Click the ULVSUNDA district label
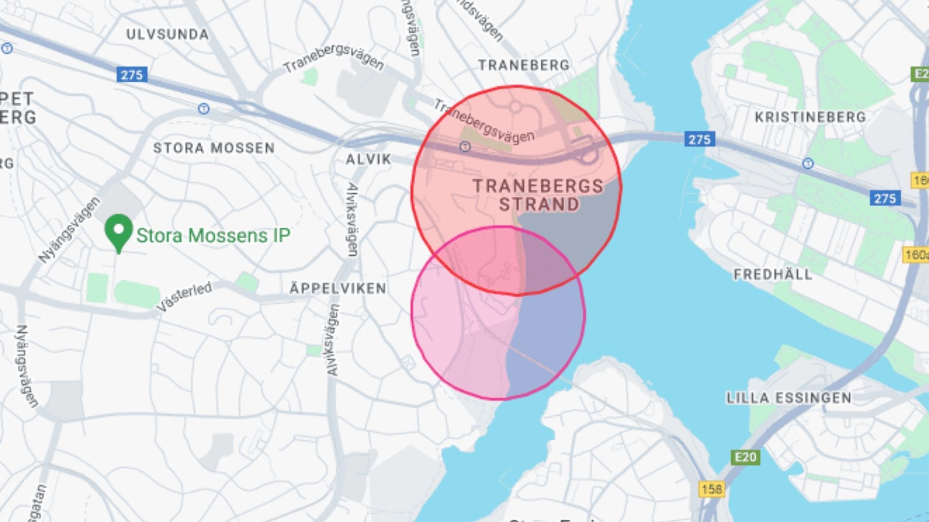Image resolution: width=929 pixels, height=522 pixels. pos(167,34)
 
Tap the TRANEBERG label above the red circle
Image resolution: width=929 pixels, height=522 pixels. pos(524,65)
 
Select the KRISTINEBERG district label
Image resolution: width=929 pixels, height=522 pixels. pos(810,117)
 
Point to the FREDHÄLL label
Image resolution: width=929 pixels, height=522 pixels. pos(773,275)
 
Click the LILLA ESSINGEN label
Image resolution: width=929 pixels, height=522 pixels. pos(789,398)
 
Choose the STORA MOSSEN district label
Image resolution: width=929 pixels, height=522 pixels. pos(214,148)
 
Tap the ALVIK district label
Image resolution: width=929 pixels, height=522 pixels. pos(368,159)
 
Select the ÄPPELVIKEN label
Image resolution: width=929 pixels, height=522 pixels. pos(338,289)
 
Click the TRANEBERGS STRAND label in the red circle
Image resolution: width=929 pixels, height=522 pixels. pos(538,195)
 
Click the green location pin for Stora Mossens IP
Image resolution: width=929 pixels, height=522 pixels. pos(119,232)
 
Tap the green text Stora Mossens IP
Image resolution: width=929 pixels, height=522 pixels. pos(213,235)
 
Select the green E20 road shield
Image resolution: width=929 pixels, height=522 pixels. pos(745,457)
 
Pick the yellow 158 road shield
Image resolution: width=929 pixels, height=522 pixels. pos(711,489)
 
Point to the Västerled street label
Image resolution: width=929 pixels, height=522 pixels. pos(184,296)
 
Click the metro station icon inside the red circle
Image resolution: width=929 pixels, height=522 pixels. pos(465,146)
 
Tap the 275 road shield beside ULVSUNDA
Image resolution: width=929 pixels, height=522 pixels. pos(132,75)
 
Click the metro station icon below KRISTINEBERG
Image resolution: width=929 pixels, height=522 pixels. pos(808,164)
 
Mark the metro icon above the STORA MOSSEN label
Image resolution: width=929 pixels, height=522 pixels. pos(204,109)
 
